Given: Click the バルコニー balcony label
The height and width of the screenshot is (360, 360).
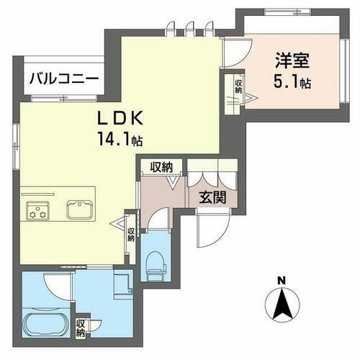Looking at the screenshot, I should click(54, 80).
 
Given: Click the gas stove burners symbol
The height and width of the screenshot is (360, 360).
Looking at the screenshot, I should click(37, 212).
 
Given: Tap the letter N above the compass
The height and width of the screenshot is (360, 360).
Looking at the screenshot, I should click(283, 280).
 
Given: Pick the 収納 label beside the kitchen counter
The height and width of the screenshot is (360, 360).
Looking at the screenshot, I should click(132, 235).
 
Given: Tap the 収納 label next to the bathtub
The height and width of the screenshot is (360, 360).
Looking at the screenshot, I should click(81, 328).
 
